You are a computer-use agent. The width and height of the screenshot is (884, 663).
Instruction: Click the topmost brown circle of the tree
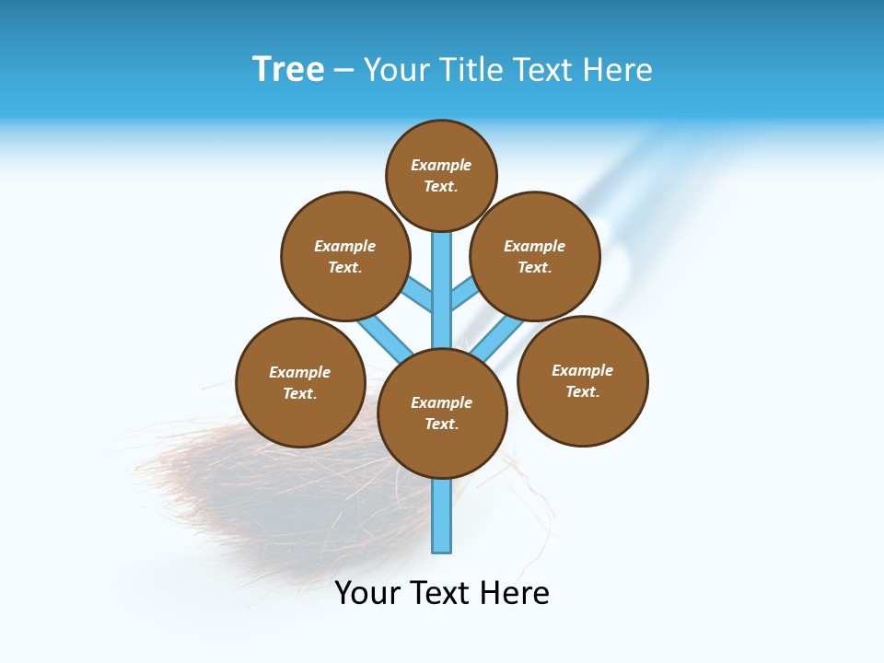click(x=441, y=176)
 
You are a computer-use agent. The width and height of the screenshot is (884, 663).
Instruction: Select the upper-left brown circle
click(x=345, y=256)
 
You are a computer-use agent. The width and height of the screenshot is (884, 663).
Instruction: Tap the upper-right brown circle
click(x=535, y=256)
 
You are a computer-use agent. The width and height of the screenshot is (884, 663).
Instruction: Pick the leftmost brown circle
click(x=301, y=382)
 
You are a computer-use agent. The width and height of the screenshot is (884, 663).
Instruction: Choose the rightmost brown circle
click(x=583, y=380)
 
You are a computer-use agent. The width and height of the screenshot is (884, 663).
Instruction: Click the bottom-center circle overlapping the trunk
click(x=442, y=413)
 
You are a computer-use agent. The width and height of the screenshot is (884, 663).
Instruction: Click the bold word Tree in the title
click(x=288, y=69)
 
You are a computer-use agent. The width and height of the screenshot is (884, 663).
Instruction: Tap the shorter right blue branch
click(x=464, y=295)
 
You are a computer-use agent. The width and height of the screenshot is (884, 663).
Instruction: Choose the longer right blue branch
click(x=497, y=339)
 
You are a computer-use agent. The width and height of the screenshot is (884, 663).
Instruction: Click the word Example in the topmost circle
click(x=441, y=166)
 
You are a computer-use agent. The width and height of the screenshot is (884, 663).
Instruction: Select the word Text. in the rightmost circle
click(x=582, y=391)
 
